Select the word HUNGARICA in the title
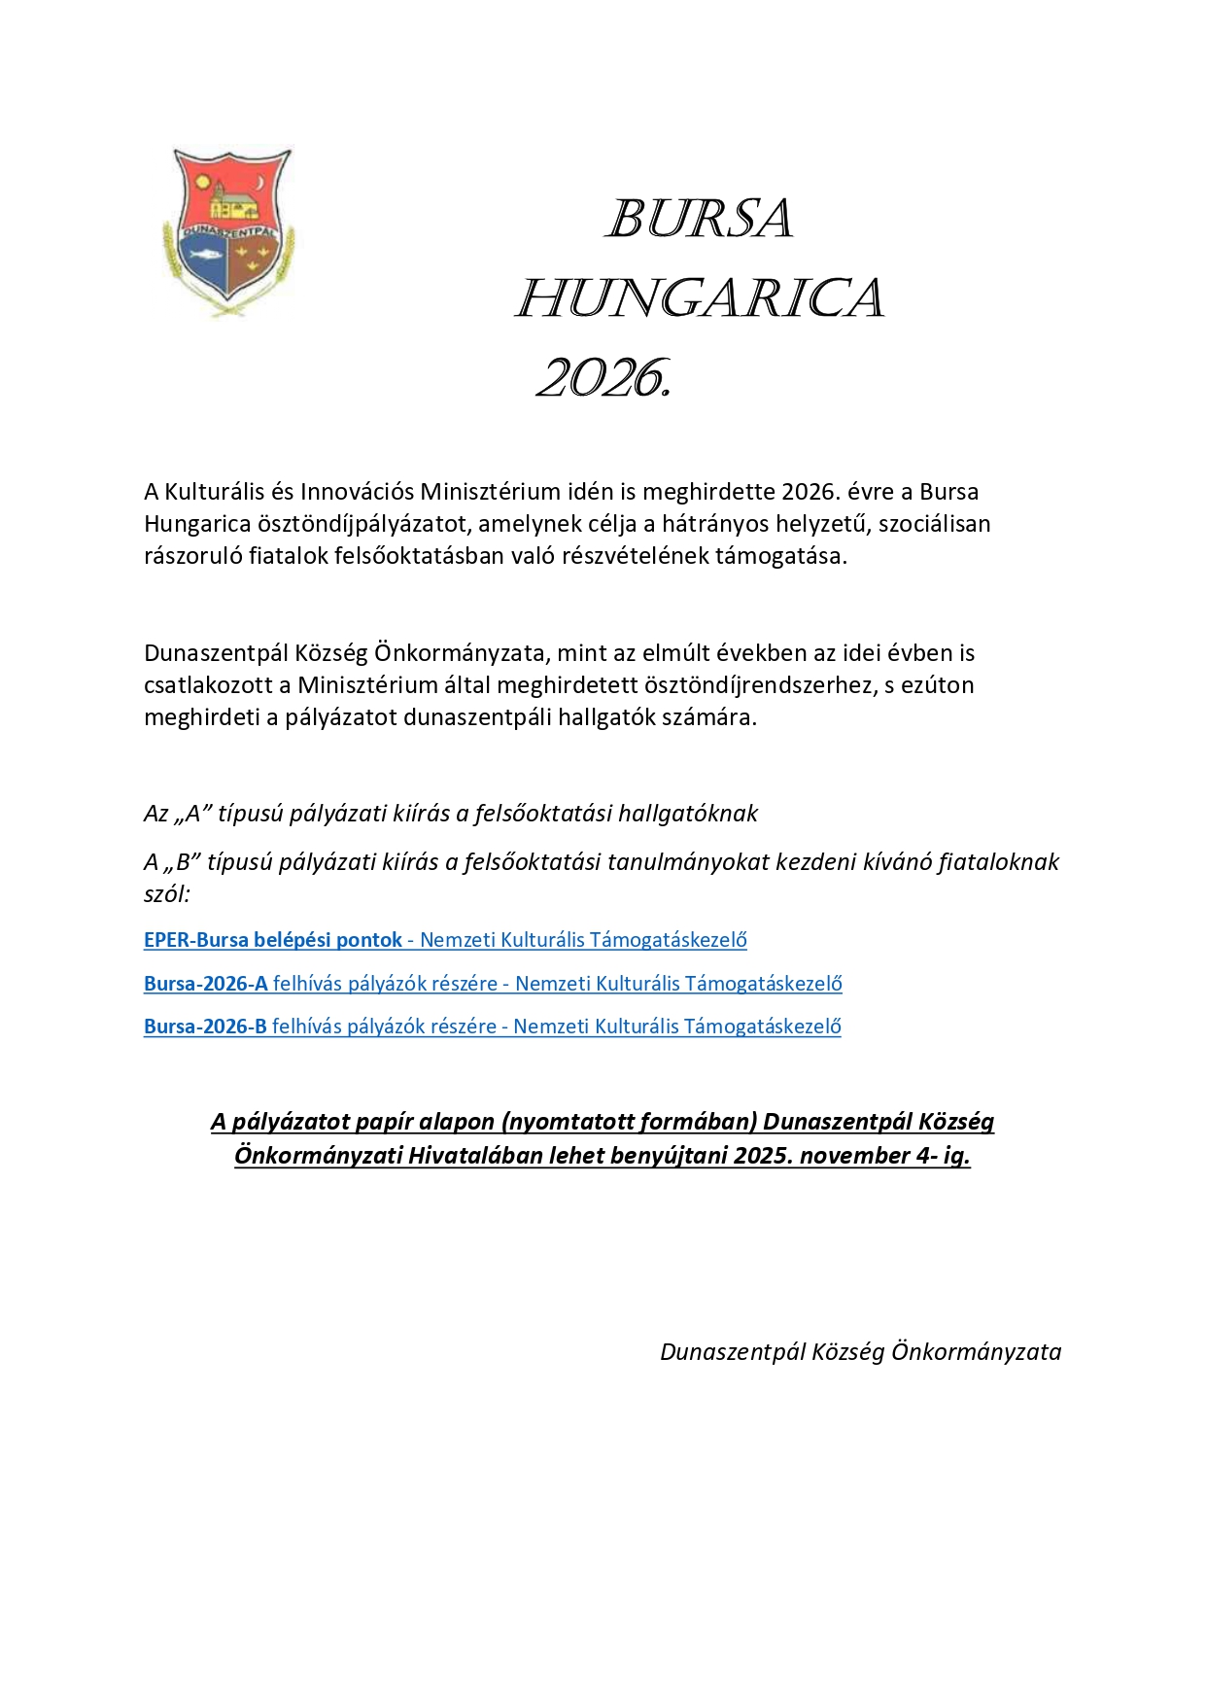click(699, 297)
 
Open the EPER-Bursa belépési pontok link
click(273, 940)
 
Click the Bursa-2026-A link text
click(206, 984)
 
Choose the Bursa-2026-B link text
click(205, 1027)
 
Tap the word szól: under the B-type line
click(167, 894)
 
